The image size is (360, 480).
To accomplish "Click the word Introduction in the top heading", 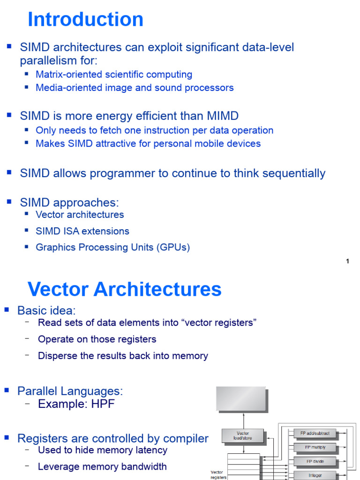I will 85,20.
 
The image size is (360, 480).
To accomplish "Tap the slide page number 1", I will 347,262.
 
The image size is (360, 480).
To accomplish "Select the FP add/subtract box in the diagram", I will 315,433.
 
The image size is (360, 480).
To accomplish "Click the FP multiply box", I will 315,448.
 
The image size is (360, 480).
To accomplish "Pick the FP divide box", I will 315,462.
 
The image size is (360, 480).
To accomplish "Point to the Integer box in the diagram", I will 315,475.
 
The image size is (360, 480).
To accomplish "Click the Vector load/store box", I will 243,436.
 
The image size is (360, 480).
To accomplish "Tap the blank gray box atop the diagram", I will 241,399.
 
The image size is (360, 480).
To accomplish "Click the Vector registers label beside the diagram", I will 218,475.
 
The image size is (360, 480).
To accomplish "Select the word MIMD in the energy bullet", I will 222,116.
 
